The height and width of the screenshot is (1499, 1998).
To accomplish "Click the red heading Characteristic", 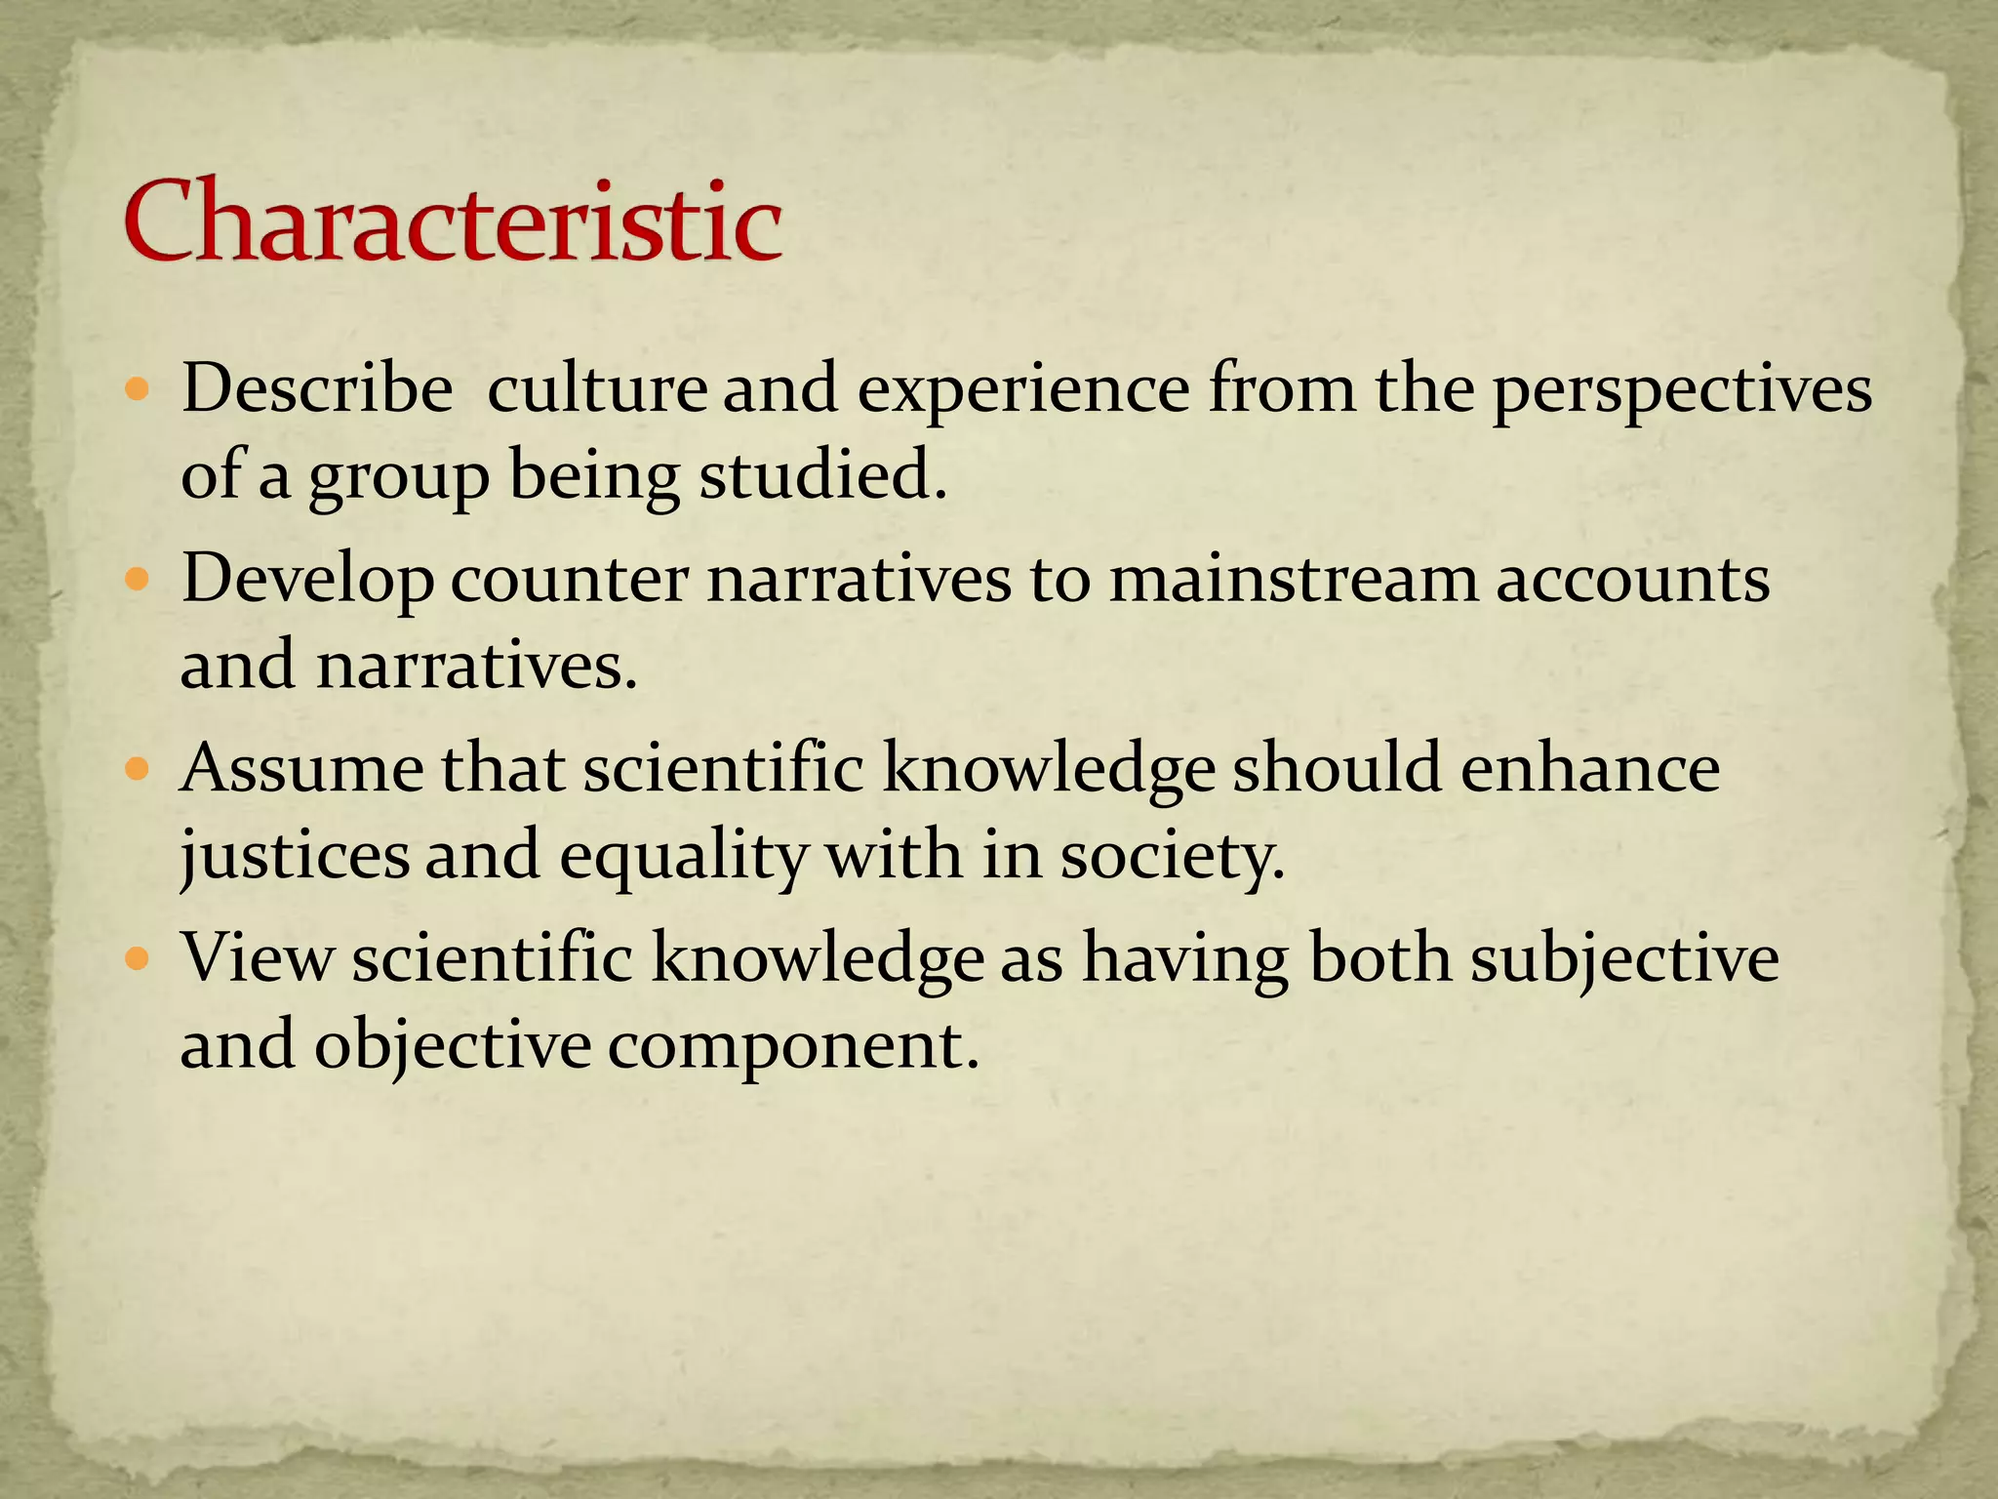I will (453, 223).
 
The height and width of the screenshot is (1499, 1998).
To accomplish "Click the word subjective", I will (1624, 958).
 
